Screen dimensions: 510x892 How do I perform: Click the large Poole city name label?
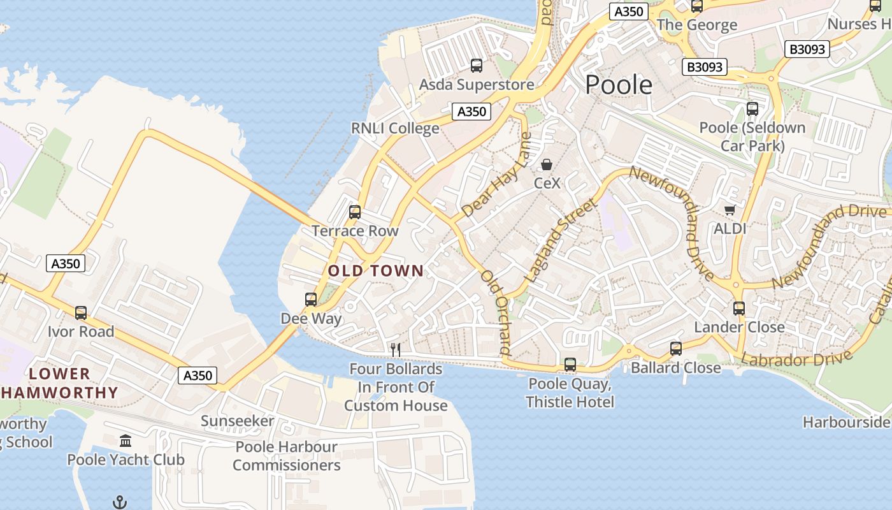pyautogui.click(x=619, y=85)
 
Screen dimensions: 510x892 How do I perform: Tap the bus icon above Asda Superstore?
pyautogui.click(x=476, y=65)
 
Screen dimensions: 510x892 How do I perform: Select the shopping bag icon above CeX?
pyautogui.click(x=547, y=164)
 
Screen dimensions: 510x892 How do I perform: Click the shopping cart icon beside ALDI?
pyautogui.click(x=730, y=210)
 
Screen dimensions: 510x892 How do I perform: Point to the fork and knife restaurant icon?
pyautogui.click(x=395, y=349)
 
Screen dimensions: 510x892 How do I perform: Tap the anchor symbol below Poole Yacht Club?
pyautogui.click(x=119, y=502)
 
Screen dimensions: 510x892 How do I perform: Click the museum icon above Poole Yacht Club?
pyautogui.click(x=126, y=441)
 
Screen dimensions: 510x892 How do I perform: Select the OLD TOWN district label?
pyautogui.click(x=375, y=271)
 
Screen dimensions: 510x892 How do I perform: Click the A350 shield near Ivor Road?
pyautogui.click(x=66, y=263)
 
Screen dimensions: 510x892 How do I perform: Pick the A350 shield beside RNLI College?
pyautogui.click(x=472, y=112)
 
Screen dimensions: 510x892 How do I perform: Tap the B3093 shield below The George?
pyautogui.click(x=705, y=67)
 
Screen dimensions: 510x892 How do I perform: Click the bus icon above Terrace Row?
pyautogui.click(x=355, y=212)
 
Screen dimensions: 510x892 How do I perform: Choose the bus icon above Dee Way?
pyautogui.click(x=311, y=299)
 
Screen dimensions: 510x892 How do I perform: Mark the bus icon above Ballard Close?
pyautogui.click(x=676, y=349)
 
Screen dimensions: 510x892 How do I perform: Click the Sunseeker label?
pyautogui.click(x=237, y=421)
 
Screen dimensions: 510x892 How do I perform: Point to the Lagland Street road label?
pyautogui.click(x=561, y=241)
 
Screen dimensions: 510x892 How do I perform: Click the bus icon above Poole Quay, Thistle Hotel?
pyautogui.click(x=570, y=365)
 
